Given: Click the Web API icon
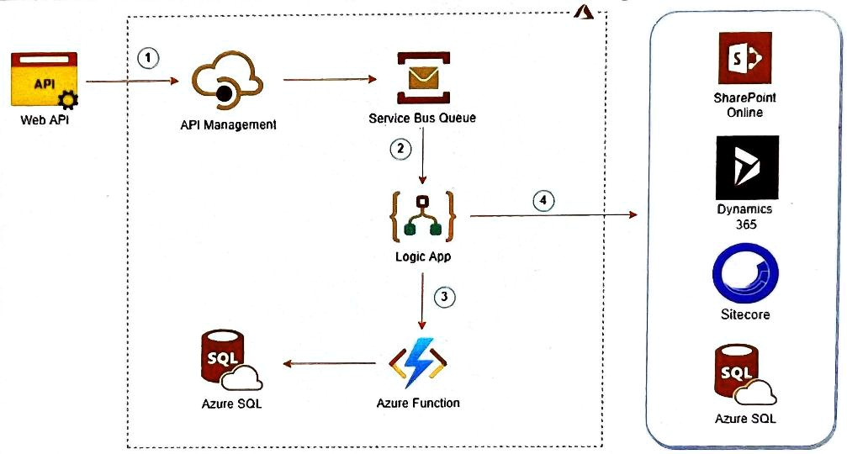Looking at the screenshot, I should point(44,81).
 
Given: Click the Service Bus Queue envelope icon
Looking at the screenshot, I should point(421,78).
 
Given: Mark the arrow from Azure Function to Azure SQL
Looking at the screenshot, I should point(329,363).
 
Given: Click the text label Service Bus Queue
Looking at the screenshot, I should point(422,118).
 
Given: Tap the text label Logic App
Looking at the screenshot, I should point(422,257).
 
